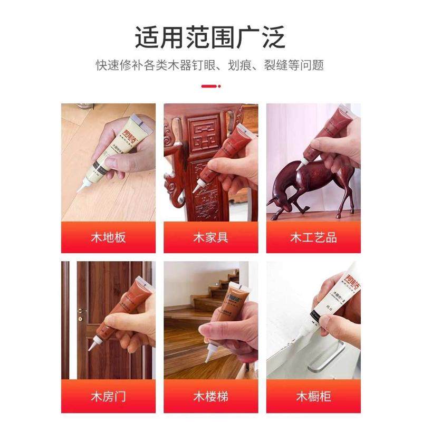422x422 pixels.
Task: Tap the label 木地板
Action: pyautogui.click(x=108, y=237)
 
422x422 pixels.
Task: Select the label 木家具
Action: pyautogui.click(x=210, y=237)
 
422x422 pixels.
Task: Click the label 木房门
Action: pyautogui.click(x=108, y=396)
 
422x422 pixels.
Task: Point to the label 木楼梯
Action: pyautogui.click(x=210, y=396)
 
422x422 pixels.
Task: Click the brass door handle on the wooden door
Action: pyautogui.click(x=81, y=312)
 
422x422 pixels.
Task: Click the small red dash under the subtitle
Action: pyautogui.click(x=210, y=86)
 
